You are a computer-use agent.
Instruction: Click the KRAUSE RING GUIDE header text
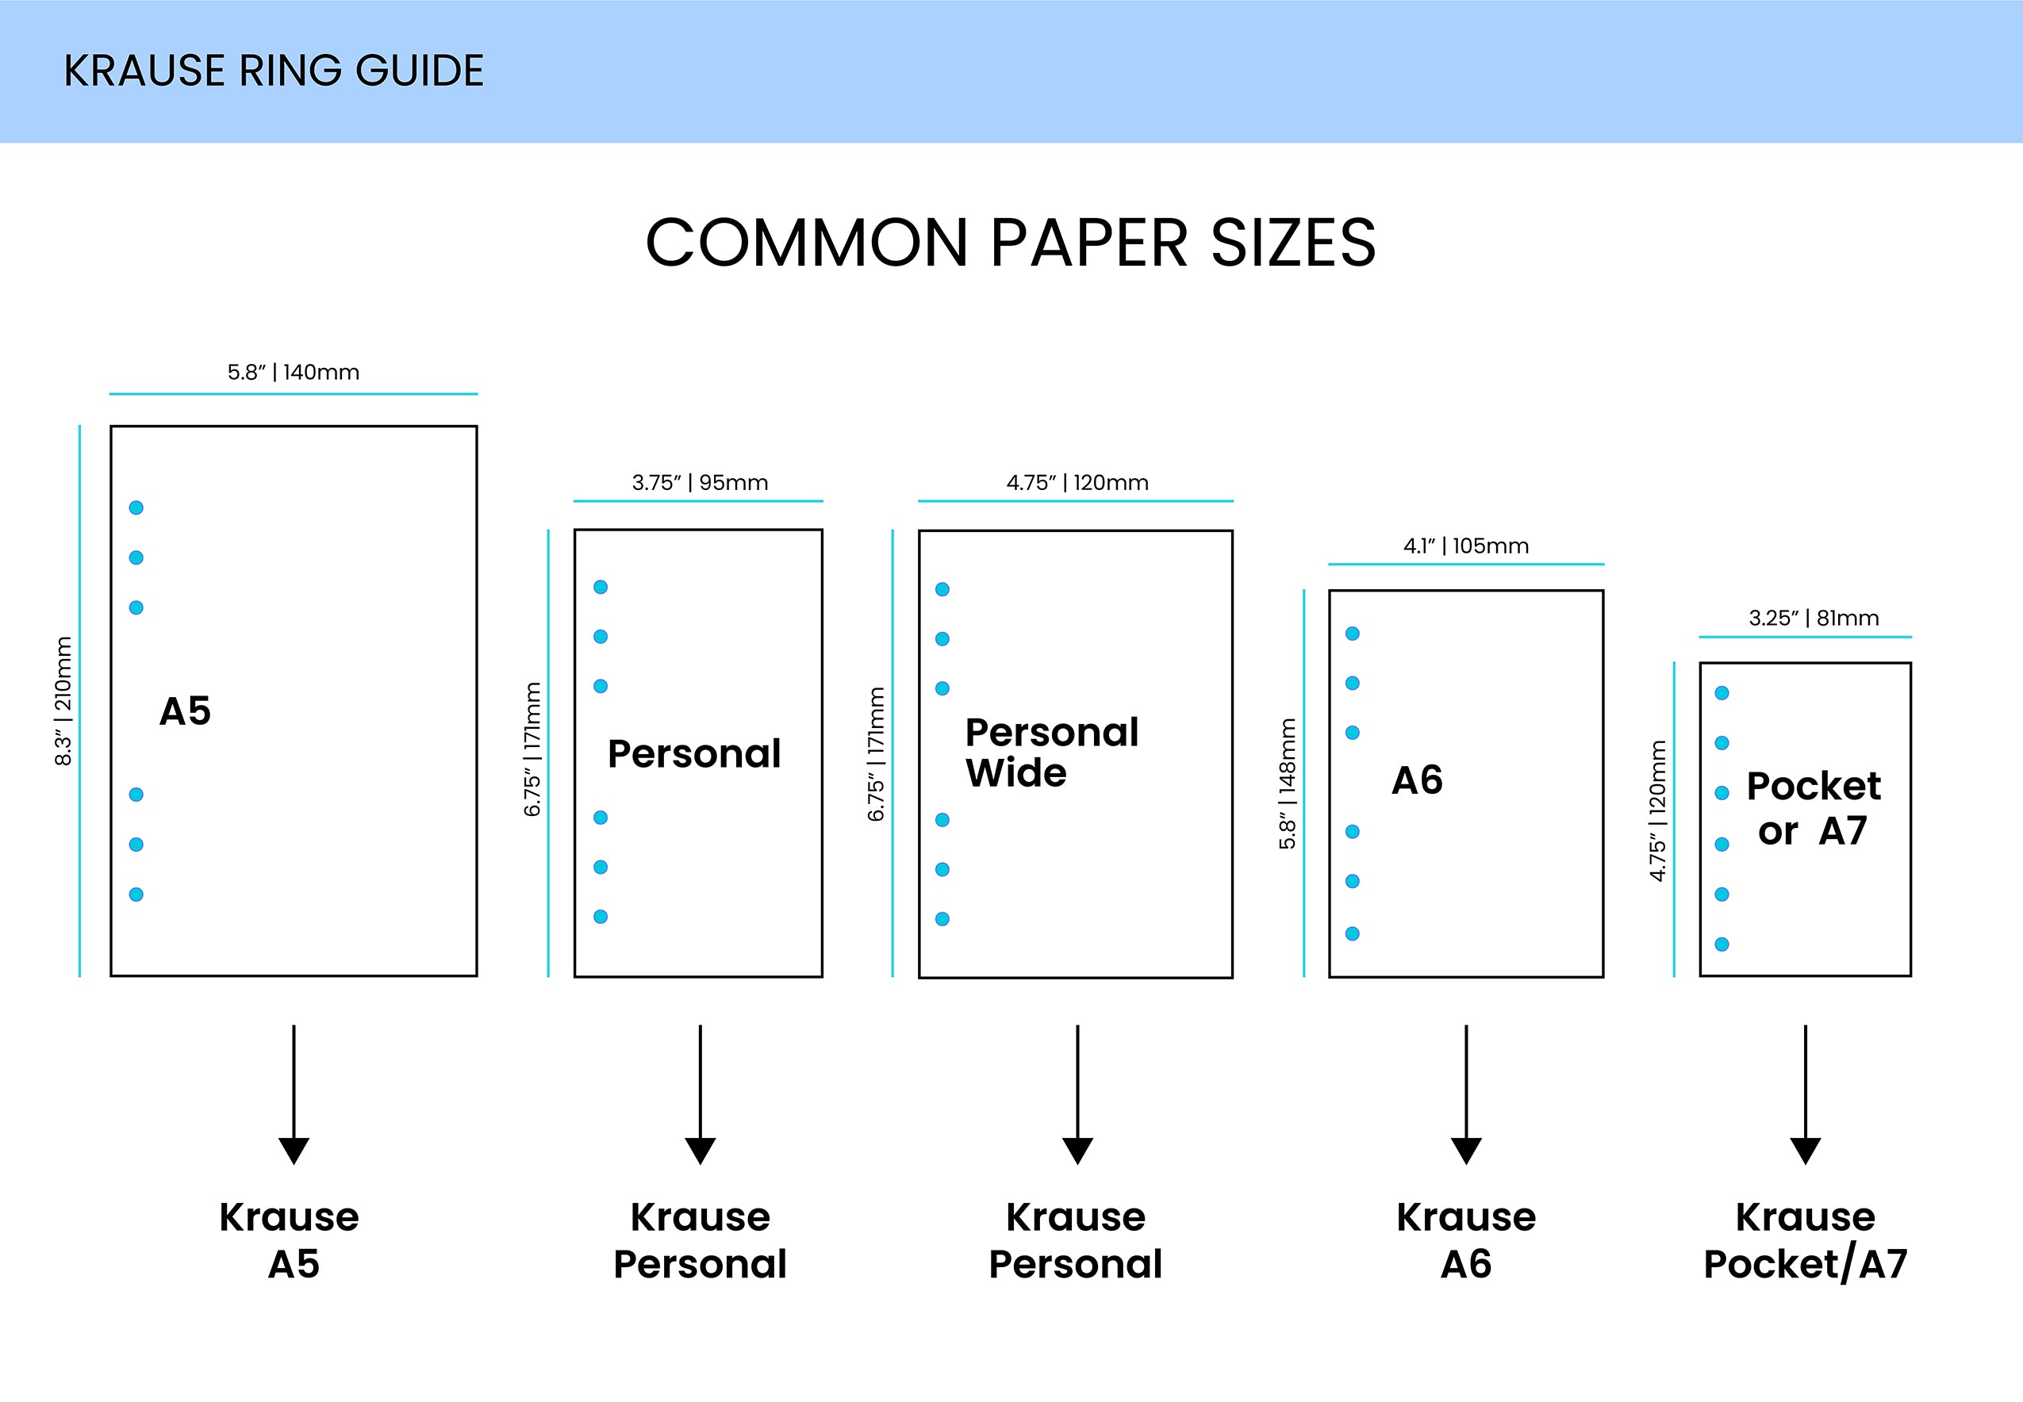(x=274, y=71)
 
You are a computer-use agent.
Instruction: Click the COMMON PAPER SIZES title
(x=1011, y=243)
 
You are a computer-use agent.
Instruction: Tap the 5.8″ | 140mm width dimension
(x=294, y=373)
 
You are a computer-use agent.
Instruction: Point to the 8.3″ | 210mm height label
(x=63, y=701)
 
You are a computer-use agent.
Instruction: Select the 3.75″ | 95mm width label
(x=700, y=482)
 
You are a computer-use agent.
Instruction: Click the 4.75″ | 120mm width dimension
(x=1077, y=482)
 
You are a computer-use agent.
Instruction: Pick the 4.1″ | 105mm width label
(x=1466, y=546)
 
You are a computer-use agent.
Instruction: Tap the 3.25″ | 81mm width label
(x=1814, y=618)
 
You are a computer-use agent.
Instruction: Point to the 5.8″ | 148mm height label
(x=1288, y=783)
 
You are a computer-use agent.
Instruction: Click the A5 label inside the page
(x=186, y=711)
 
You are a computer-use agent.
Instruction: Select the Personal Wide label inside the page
(x=1051, y=752)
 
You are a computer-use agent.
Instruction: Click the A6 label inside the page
(x=1417, y=780)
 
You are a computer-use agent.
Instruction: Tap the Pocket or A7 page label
(x=1813, y=808)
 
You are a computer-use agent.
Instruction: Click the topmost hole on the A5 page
(x=136, y=508)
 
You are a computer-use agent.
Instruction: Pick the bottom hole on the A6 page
(x=1353, y=934)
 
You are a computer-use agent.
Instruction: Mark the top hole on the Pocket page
(x=1722, y=693)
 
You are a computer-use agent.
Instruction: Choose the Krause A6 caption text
(x=1466, y=1240)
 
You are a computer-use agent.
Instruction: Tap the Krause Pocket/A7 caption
(x=1805, y=1240)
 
